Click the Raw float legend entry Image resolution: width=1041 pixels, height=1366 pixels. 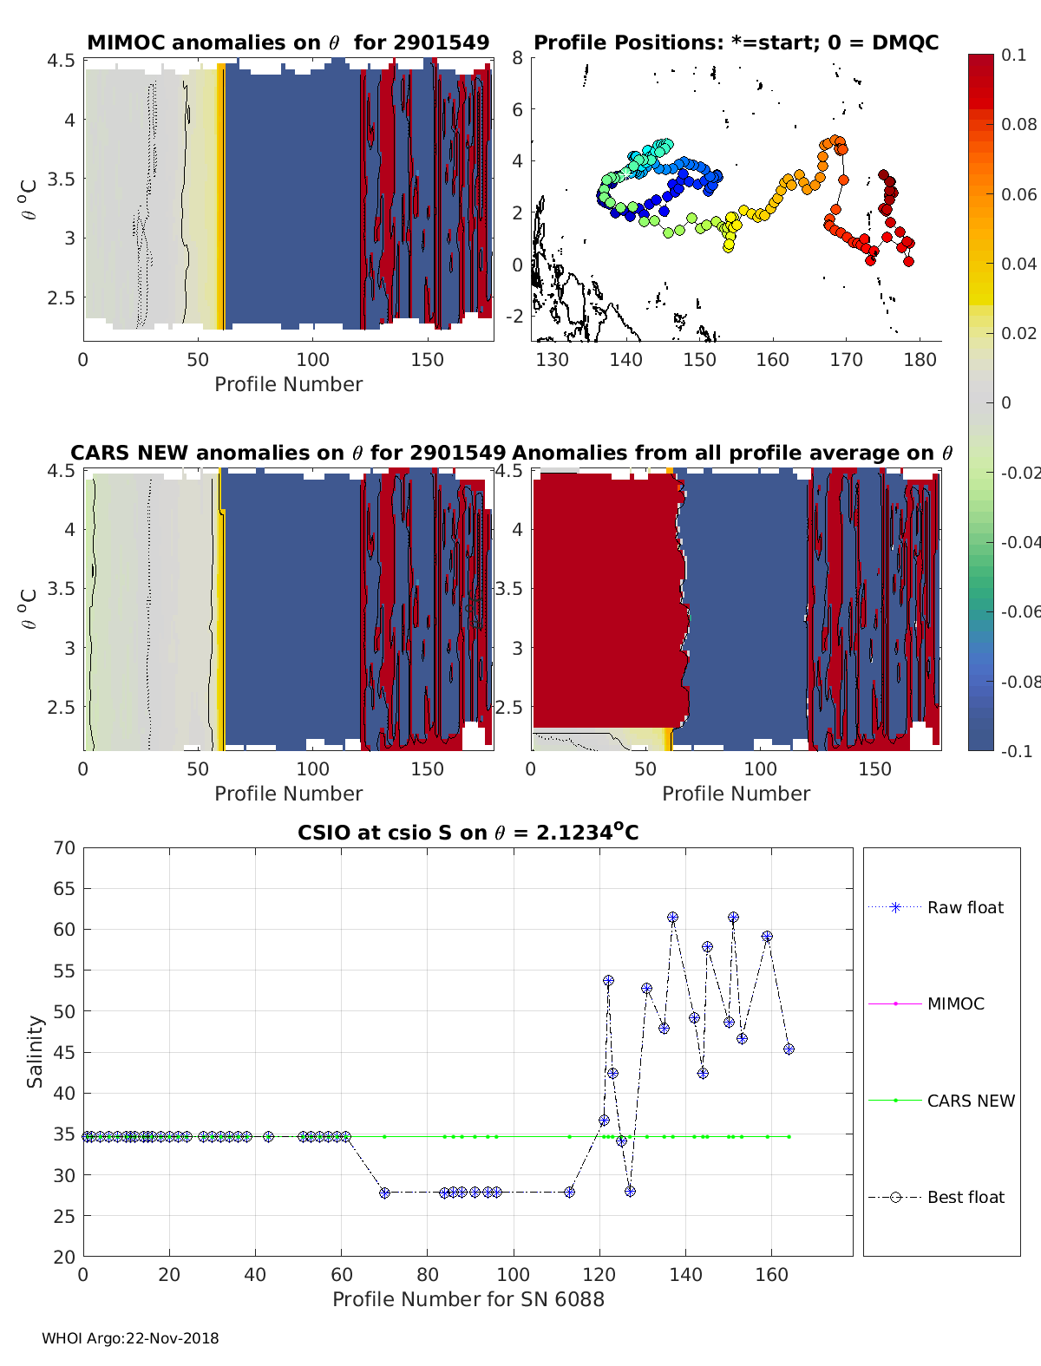pos(965,908)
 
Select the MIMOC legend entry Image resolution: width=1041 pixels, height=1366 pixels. pos(955,1004)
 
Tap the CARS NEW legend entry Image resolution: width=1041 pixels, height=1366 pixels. pos(971,1101)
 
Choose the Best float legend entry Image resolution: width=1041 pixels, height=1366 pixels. pos(966,1198)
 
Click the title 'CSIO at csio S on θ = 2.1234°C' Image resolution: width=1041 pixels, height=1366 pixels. pos(468,833)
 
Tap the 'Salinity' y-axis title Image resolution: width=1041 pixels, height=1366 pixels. pos(35,1051)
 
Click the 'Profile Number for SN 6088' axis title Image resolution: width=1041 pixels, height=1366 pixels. pos(468,1299)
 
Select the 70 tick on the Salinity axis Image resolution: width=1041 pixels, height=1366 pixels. pos(65,847)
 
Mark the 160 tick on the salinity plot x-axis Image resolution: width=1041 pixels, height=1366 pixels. pos(772,1275)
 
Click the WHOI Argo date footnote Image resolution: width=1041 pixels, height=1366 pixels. pos(130,1339)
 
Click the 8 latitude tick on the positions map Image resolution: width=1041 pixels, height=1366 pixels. pos(517,58)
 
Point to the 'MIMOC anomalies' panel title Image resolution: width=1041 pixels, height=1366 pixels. pos(288,42)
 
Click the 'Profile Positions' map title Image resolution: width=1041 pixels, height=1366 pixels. pos(736,42)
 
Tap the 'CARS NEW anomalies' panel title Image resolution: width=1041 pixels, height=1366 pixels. pos(288,453)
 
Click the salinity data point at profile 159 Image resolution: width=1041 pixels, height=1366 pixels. pos(767,937)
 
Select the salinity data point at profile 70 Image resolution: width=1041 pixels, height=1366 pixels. pos(384,1193)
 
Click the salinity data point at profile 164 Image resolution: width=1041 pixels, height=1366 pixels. pos(789,1049)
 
